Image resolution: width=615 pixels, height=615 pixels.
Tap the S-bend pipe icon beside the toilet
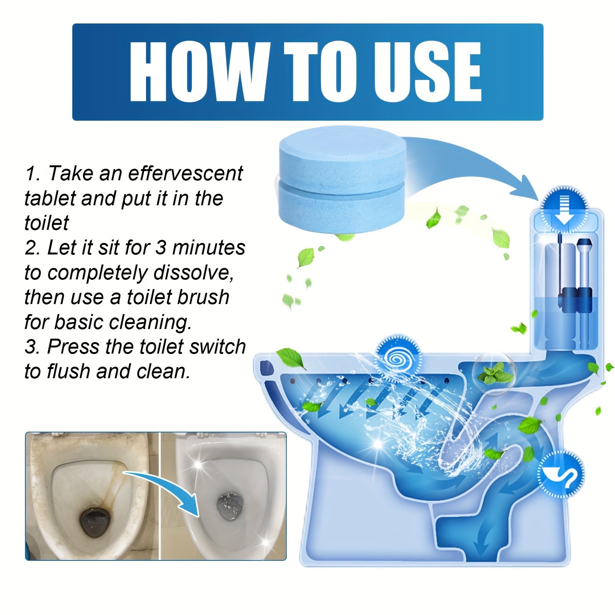tap(561, 474)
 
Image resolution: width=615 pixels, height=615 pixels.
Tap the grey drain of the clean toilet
tap(229, 506)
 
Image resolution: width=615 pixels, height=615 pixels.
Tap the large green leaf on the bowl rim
tap(290, 357)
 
